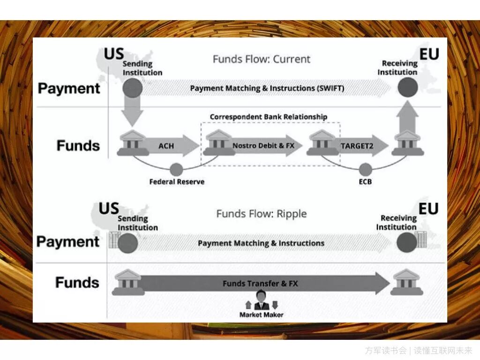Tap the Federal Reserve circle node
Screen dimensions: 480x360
coord(176,169)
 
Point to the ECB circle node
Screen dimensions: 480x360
coord(365,169)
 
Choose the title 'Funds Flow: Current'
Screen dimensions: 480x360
coord(262,59)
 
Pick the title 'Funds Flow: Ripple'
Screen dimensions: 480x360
coord(262,214)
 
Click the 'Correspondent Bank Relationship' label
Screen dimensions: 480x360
coord(269,117)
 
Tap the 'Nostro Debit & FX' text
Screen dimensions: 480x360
coord(263,146)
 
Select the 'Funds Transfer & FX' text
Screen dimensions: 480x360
coord(260,283)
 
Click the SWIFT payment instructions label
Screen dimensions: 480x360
coord(267,88)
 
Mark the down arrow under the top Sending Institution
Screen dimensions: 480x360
coord(133,112)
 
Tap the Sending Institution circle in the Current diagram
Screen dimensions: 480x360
coord(133,88)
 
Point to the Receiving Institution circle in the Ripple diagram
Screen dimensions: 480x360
coord(406,243)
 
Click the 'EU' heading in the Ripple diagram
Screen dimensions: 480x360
coord(428,209)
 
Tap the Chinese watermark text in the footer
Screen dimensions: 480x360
coord(419,350)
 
